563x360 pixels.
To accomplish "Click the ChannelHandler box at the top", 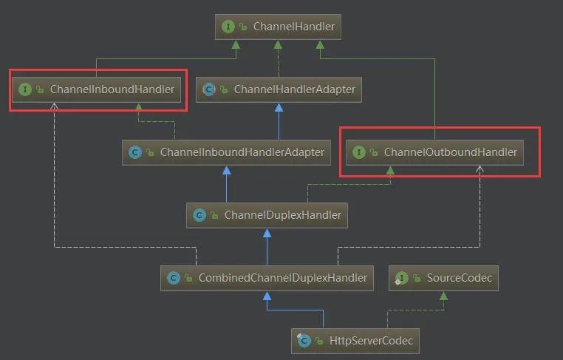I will click(x=279, y=27).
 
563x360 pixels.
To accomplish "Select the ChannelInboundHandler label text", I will click(x=112, y=89).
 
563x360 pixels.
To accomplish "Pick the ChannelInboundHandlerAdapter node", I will click(x=225, y=152).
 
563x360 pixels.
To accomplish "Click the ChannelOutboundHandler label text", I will click(x=450, y=152).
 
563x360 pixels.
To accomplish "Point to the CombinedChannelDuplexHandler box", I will click(x=266, y=278).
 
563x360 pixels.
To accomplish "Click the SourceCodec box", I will click(x=444, y=278).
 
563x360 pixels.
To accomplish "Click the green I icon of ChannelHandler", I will click(x=228, y=27).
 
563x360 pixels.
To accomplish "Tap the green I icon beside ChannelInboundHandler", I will click(x=25, y=89).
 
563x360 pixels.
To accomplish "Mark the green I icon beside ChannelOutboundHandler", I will click(x=359, y=152).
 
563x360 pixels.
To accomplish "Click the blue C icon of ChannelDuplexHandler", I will click(x=199, y=215).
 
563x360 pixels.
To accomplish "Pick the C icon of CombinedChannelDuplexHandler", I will click(x=174, y=278).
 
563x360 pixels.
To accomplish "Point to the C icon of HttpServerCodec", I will click(x=303, y=341).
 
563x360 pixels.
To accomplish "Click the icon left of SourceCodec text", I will click(x=401, y=278).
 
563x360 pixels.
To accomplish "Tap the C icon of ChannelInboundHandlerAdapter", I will click(x=135, y=152).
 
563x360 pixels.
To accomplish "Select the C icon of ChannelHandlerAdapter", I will click(x=209, y=89).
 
